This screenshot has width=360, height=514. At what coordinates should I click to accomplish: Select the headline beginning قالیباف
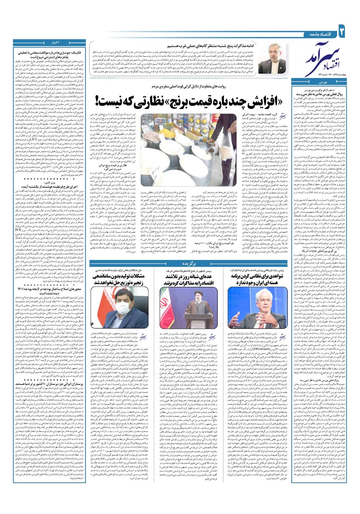pos(50,54)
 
